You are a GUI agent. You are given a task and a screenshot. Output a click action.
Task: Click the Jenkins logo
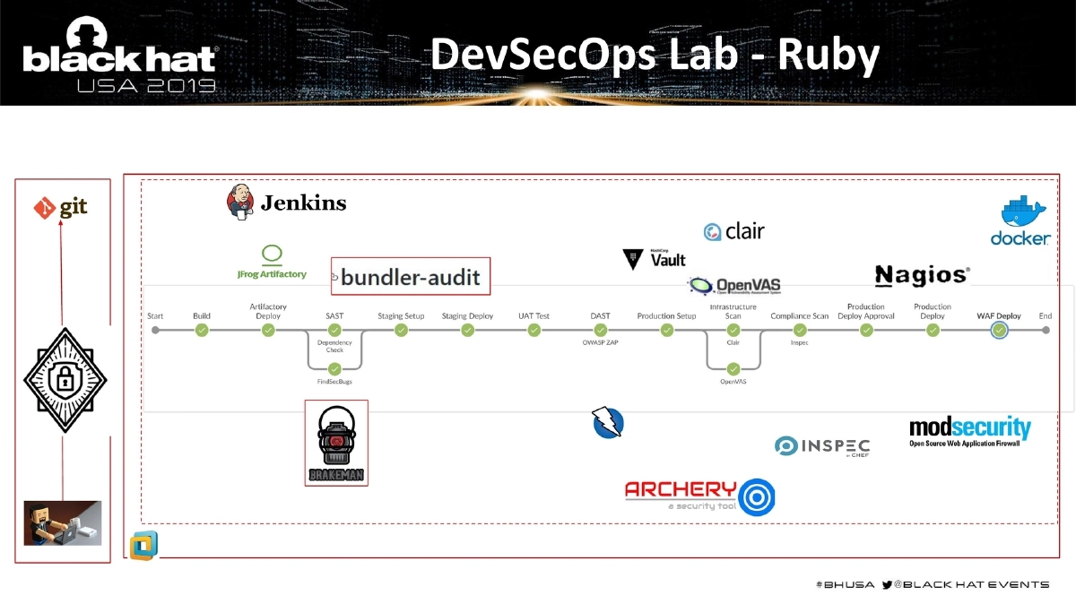[286, 203]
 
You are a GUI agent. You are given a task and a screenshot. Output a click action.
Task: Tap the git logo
[61, 208]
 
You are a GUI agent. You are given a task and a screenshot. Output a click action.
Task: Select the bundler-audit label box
[411, 277]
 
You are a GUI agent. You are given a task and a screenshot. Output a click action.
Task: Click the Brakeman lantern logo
[336, 443]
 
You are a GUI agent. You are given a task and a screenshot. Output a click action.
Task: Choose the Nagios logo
[922, 275]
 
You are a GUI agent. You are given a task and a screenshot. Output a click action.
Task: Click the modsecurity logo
[970, 431]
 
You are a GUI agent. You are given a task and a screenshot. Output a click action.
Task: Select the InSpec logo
[821, 445]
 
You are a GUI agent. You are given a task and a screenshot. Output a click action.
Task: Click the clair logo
[734, 231]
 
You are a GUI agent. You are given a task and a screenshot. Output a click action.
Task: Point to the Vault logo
[655, 259]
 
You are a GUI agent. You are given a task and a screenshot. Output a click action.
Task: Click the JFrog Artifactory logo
[271, 262]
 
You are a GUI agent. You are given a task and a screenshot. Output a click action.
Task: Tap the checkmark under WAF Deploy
[999, 330]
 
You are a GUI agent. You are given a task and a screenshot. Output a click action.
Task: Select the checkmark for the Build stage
[202, 330]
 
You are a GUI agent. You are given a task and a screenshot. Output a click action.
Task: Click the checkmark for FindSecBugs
[334, 368]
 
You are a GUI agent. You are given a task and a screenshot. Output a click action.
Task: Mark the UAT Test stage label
[534, 316]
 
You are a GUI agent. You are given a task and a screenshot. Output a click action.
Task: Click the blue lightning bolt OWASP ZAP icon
[607, 422]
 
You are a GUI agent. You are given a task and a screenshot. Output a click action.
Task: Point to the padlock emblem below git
[64, 381]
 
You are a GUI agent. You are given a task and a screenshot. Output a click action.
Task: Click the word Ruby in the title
[828, 56]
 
